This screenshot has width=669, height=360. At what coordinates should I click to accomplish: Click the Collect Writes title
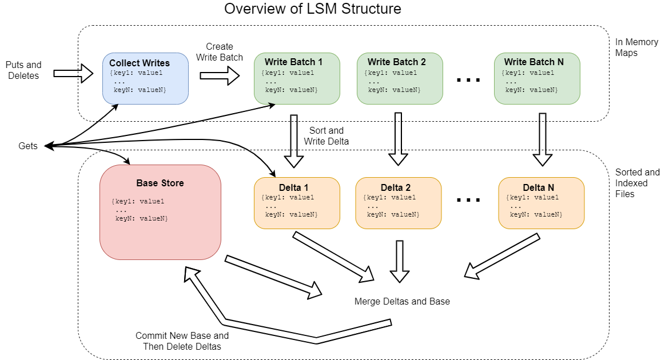140,63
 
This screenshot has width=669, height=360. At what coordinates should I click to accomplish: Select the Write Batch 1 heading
293,62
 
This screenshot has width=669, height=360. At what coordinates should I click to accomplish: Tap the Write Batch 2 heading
396,62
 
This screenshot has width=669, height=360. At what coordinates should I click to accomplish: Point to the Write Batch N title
533,62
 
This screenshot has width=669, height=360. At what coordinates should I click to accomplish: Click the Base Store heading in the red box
160,183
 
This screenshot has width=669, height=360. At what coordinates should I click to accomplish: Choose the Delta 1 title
293,187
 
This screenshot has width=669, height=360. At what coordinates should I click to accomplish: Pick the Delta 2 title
396,187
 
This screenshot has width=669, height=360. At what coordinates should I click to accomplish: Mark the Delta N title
538,187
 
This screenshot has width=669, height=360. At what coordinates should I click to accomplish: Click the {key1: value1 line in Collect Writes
136,73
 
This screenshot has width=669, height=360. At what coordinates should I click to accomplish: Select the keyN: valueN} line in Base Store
142,218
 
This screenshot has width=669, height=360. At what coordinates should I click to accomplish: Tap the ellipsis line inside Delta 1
270,206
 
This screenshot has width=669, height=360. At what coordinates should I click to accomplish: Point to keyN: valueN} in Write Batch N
532,90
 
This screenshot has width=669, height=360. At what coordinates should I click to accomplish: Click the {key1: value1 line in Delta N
532,198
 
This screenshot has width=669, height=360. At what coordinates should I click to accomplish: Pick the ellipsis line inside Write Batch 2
373,82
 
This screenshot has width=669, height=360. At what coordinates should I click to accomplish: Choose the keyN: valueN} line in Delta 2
393,214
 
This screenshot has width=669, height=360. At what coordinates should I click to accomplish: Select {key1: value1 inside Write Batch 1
288,73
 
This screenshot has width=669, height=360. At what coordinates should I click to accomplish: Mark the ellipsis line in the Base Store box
121,210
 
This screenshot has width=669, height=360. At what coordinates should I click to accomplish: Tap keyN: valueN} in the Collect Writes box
140,90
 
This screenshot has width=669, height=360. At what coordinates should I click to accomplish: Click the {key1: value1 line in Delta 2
389,198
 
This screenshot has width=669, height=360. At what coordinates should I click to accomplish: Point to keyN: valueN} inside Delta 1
292,214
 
